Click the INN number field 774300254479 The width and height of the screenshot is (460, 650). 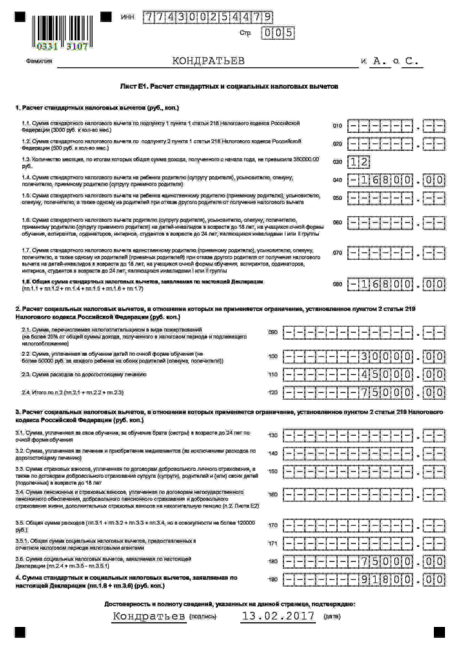[208, 17]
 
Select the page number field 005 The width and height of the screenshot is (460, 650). [278, 33]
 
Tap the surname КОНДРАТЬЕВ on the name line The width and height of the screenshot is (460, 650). [208, 61]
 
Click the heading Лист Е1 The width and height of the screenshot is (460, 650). [229, 86]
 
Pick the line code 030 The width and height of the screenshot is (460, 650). [337, 162]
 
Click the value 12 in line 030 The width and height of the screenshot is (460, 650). [359, 162]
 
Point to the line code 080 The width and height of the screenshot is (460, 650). [337, 284]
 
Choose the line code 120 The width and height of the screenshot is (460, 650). [273, 393]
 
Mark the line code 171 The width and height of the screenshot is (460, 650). [273, 544]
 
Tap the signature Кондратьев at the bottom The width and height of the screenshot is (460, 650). [149, 616]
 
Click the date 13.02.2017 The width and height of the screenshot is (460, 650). [278, 616]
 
